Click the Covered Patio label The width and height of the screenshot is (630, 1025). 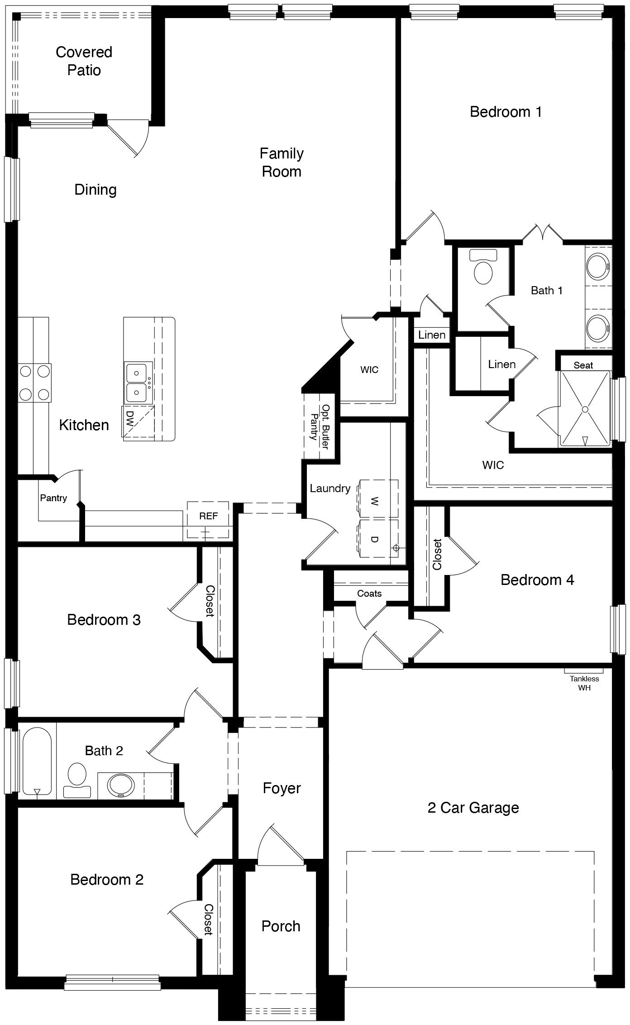pos(84,61)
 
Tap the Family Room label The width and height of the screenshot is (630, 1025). pos(282,162)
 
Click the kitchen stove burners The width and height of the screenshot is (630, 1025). pos(34,383)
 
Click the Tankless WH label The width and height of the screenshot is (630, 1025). pos(584,683)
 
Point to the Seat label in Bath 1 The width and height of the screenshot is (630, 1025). pos(583,365)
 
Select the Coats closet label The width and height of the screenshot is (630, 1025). pos(369,594)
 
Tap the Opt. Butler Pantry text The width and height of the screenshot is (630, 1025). pos(319,426)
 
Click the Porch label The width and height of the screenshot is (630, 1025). pos(281,926)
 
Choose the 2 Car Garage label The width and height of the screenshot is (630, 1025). pos(473,808)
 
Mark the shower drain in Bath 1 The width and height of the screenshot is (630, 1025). pos(585,409)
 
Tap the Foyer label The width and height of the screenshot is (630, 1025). pos(282,788)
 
